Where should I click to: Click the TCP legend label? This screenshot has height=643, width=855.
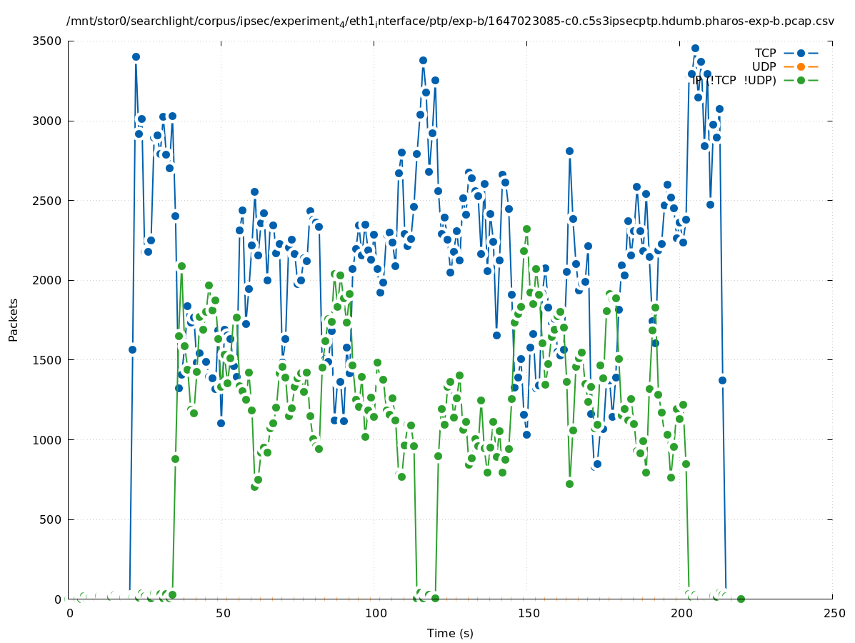(x=765, y=53)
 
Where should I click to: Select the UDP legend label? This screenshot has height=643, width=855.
(x=764, y=66)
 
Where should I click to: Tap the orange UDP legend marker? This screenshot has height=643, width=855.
(x=801, y=66)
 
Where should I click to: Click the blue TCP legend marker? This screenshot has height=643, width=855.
(x=801, y=53)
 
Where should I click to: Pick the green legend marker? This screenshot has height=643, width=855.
(x=801, y=80)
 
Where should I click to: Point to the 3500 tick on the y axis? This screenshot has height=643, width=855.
(x=48, y=41)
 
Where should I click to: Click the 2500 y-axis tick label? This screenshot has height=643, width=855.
(x=48, y=200)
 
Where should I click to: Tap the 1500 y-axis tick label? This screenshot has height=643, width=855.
(x=48, y=360)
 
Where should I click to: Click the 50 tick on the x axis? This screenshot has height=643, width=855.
(x=223, y=613)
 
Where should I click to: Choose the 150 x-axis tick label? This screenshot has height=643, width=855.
(x=528, y=613)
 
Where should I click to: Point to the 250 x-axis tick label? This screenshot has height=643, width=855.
(x=833, y=613)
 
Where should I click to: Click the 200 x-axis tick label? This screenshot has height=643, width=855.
(x=681, y=613)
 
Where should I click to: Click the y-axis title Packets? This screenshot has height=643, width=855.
(x=14, y=319)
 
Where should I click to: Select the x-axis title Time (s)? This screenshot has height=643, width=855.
(x=450, y=633)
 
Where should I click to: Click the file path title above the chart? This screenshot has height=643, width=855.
(x=450, y=21)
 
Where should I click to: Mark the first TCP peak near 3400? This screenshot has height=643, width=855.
(x=136, y=56)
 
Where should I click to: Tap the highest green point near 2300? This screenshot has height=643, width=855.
(x=526, y=229)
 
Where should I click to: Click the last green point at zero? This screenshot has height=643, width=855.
(x=741, y=599)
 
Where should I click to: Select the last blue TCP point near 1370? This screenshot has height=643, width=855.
(x=722, y=380)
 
